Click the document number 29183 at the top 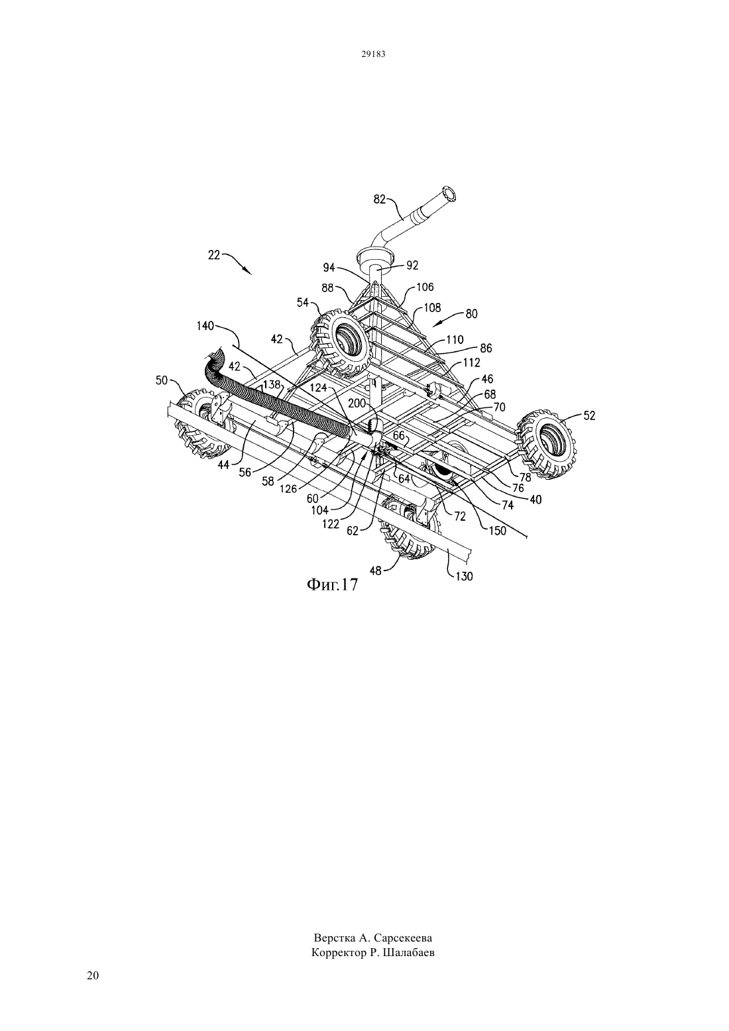(x=372, y=54)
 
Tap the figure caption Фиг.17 (x=332, y=584)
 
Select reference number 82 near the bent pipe (x=379, y=199)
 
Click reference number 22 (x=214, y=255)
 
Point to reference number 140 (x=205, y=327)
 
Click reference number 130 (x=464, y=576)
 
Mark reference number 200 (x=357, y=404)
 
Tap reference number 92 (x=412, y=266)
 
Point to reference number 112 (x=472, y=362)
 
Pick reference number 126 (x=288, y=489)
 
